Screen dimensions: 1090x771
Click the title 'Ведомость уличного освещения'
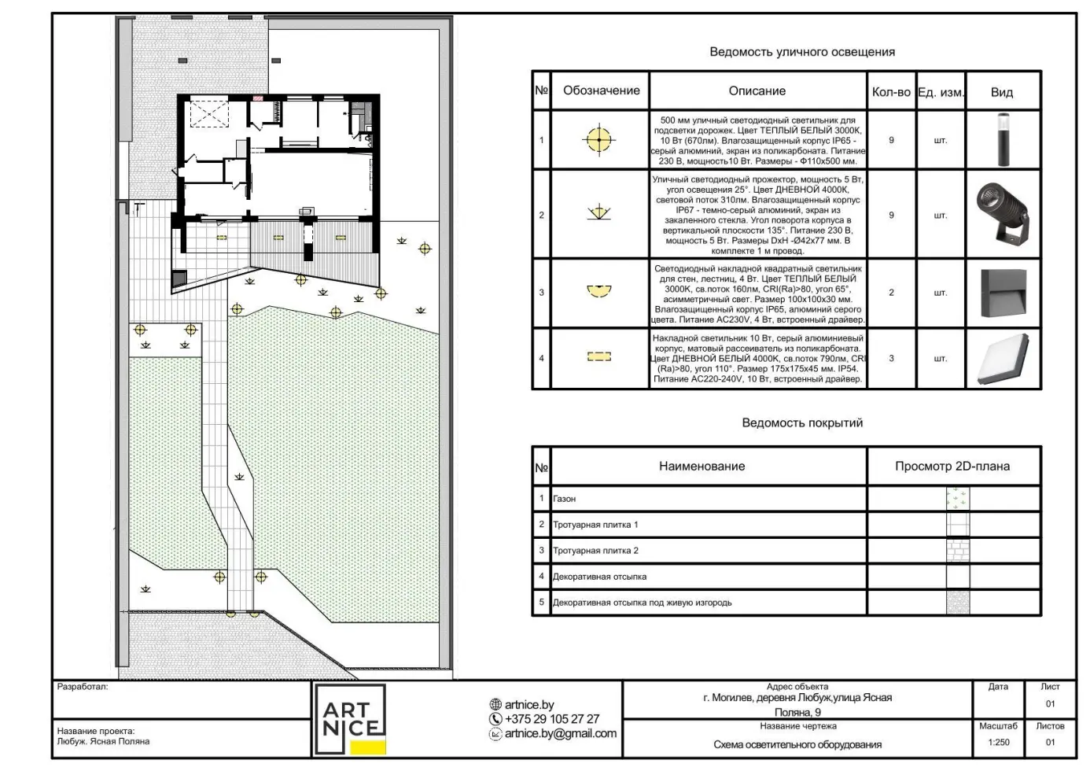coord(802,52)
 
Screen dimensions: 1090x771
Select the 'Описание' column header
coord(757,91)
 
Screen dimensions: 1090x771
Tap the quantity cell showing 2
coord(891,293)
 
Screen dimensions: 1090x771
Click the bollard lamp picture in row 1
coord(1003,140)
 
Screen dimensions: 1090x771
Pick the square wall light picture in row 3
coord(1003,293)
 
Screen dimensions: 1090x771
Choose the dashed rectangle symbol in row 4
coord(599,356)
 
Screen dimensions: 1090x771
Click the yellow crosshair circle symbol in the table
coord(599,140)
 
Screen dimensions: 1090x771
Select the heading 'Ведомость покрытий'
coord(802,423)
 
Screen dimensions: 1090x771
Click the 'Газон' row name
coord(564,499)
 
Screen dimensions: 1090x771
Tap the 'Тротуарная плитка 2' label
coord(595,551)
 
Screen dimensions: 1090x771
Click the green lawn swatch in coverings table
coord(958,499)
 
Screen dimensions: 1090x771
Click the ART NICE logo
coord(351,719)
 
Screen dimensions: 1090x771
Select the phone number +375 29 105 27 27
coord(552,719)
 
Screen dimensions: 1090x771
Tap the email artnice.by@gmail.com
coord(560,733)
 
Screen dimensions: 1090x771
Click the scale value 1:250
coord(999,742)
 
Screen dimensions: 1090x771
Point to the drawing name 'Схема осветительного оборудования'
coord(797,745)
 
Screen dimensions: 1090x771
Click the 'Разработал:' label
coord(83,687)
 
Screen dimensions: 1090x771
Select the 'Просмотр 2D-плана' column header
coord(952,467)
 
